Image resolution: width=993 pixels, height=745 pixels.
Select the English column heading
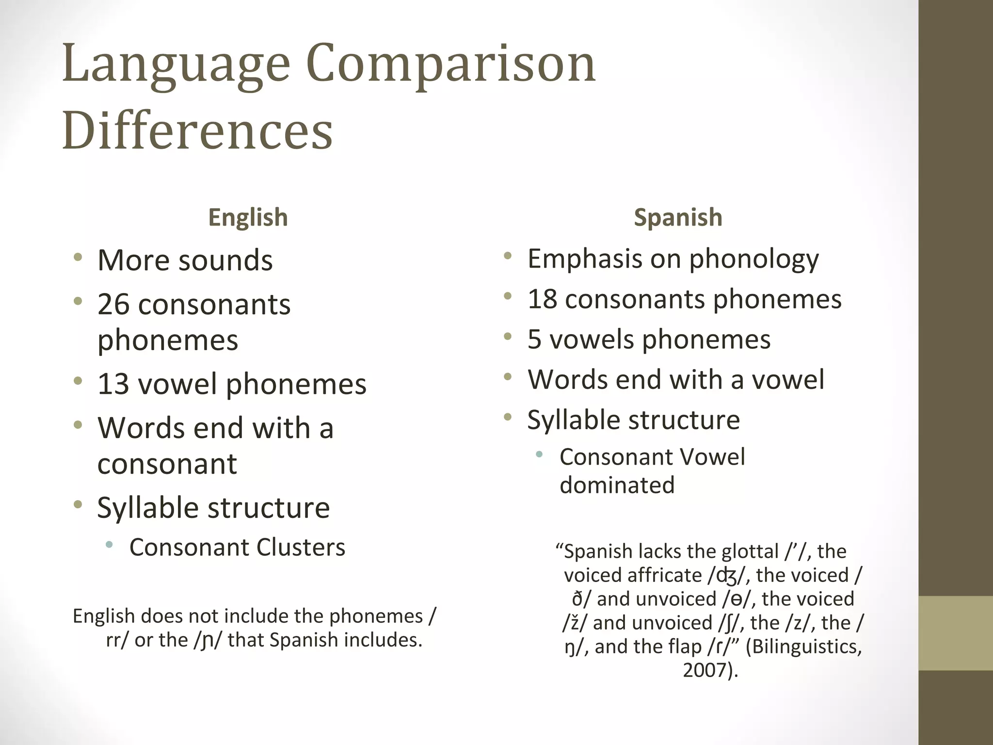pos(248,217)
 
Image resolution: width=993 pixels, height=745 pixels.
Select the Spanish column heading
pos(678,217)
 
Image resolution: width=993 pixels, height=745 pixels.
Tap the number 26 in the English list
pos(113,305)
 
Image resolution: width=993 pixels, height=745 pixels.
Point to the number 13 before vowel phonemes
pos(113,384)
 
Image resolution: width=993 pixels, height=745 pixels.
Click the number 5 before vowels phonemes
pos(534,339)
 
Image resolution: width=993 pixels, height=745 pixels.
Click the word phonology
pos(754,259)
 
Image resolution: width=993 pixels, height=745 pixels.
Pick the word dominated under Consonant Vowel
pos(617,485)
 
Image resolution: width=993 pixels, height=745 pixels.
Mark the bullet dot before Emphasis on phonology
pos(508,256)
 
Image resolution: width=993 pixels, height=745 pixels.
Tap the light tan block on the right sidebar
pos(956,633)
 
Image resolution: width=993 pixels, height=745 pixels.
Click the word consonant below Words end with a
pos(167,464)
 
